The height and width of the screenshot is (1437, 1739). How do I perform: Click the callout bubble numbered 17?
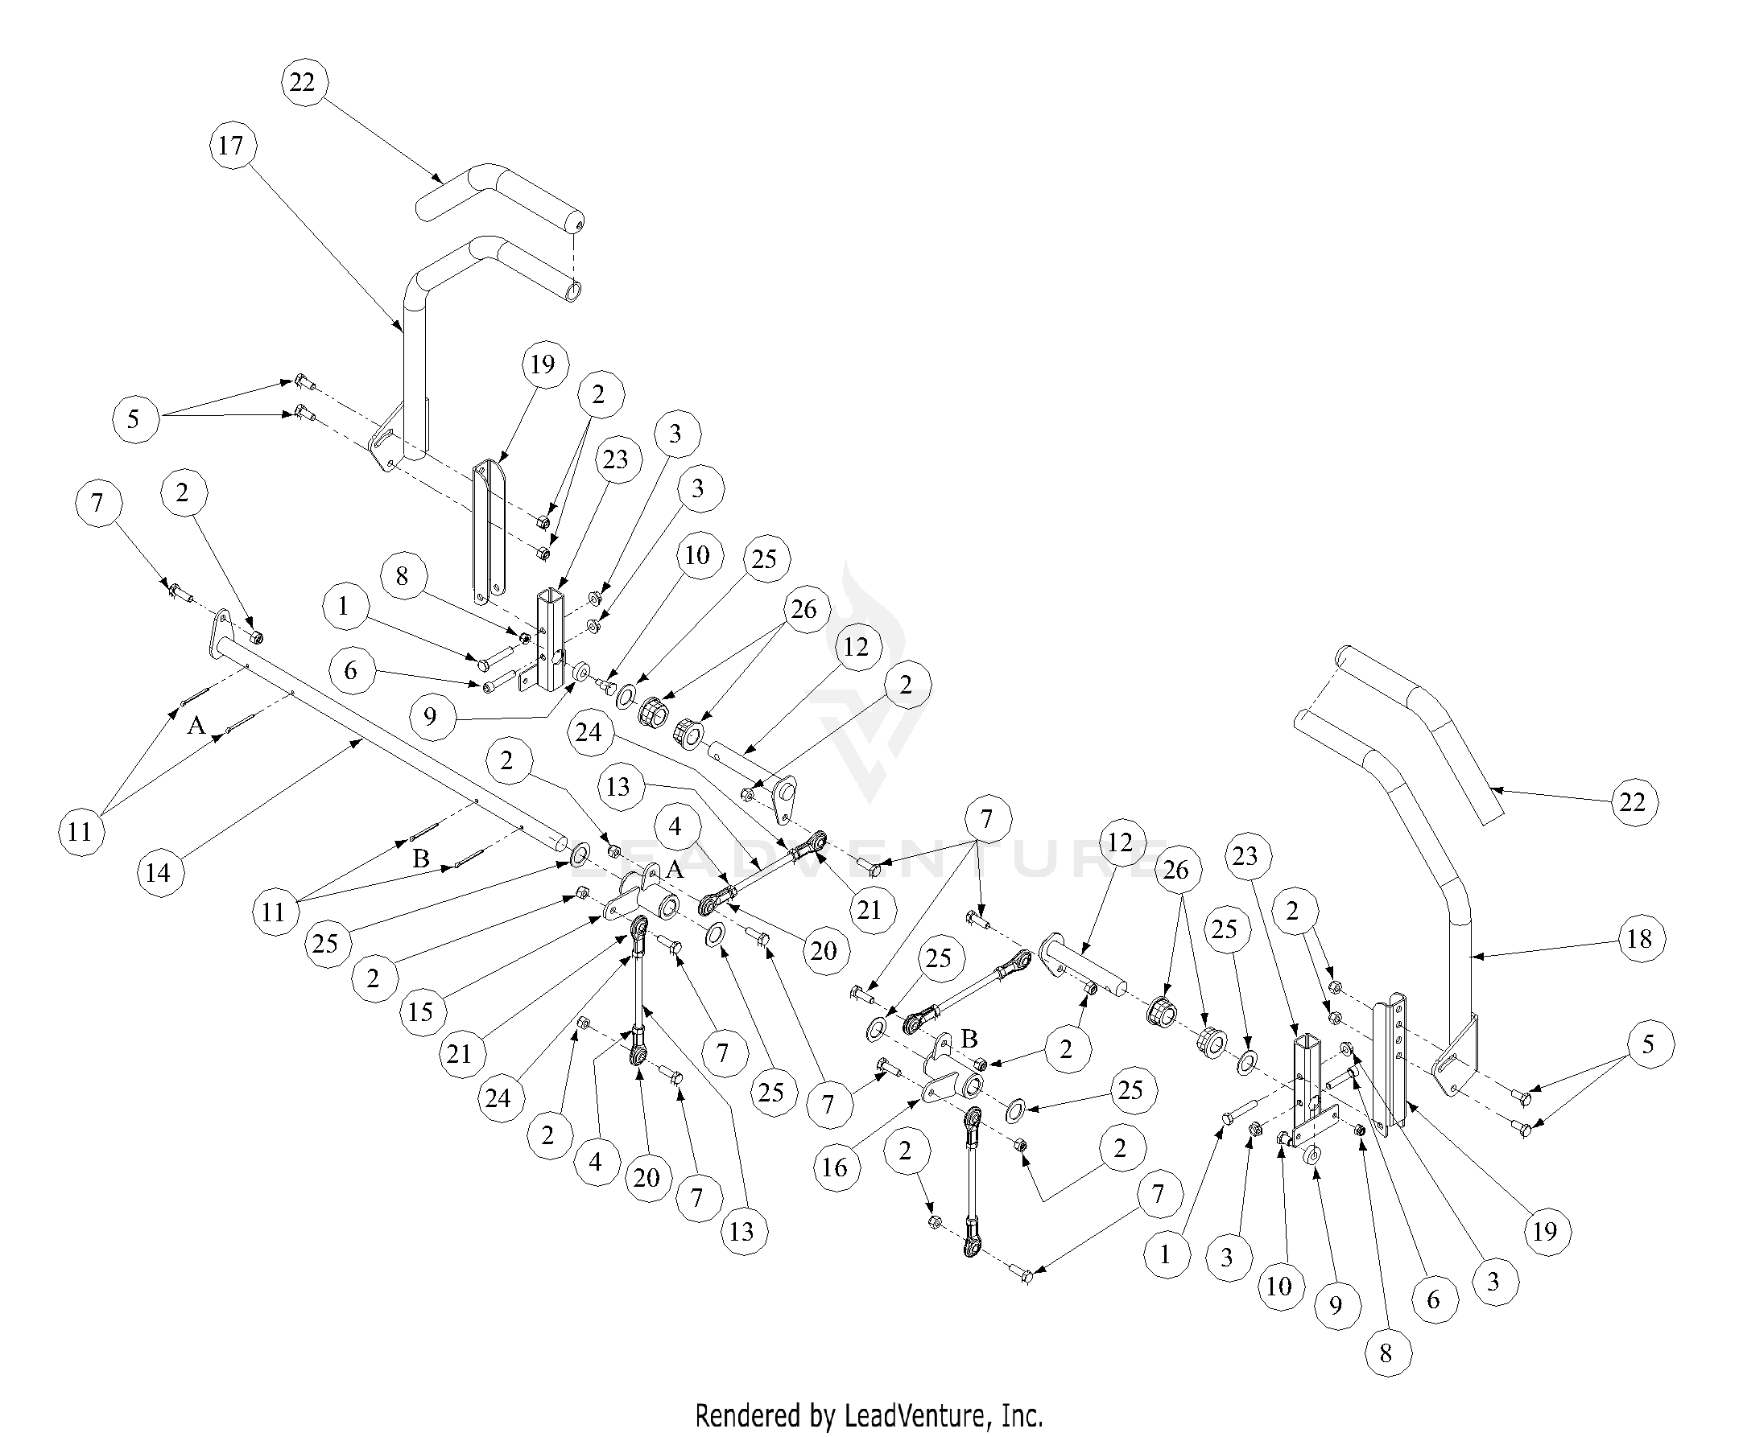pos(231,146)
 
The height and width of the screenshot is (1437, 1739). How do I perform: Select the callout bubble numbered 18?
pos(1639,939)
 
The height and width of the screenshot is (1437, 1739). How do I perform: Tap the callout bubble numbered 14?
pos(157,871)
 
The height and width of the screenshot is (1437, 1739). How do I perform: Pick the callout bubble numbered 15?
pos(421,1011)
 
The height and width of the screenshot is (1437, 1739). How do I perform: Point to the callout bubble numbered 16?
pos(835,1167)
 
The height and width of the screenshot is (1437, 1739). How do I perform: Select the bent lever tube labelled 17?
pos(414,348)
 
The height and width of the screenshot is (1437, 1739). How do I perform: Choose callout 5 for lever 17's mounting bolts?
pos(134,419)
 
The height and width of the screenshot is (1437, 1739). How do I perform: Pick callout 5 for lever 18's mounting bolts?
pos(1647,1044)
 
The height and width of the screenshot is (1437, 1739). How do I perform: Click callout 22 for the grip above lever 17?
pos(303,82)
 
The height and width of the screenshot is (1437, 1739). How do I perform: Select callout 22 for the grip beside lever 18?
pos(1632,801)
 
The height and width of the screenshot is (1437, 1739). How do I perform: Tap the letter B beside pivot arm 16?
pos(969,1039)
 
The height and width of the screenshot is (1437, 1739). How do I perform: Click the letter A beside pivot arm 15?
pos(675,870)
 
